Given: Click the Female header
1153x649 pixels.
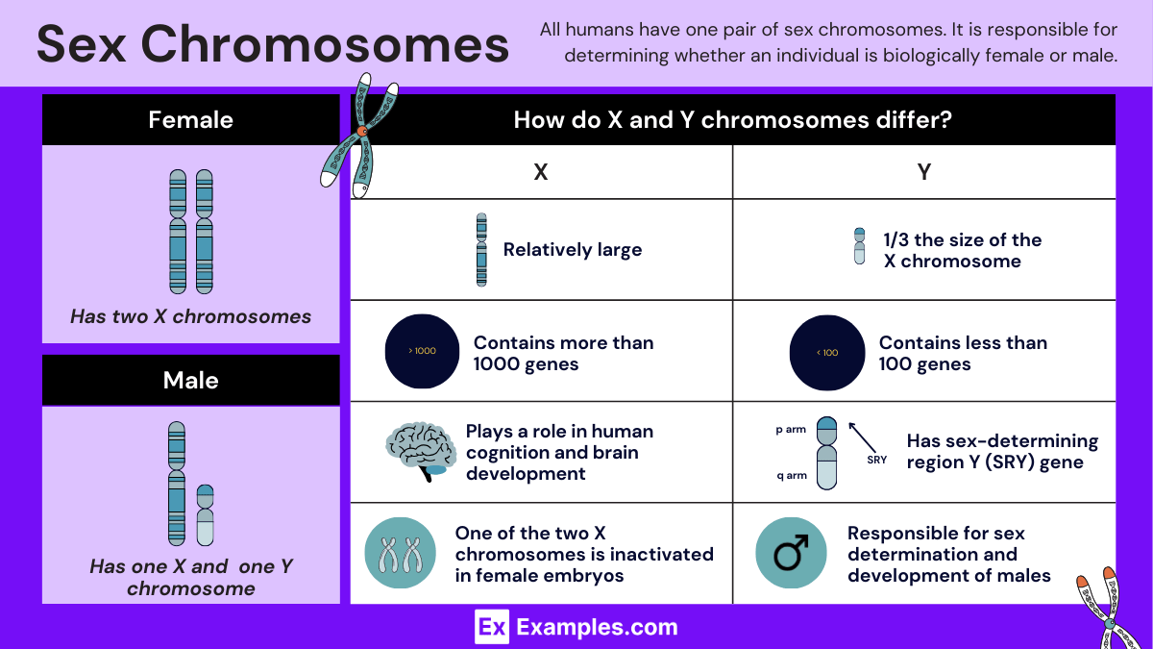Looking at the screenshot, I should (x=190, y=120).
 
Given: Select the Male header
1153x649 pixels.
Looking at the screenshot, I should (x=190, y=381).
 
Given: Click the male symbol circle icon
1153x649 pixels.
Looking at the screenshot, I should (x=791, y=553).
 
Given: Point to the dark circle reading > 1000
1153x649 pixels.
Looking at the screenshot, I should (x=422, y=351).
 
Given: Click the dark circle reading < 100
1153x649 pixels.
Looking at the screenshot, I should (x=826, y=352).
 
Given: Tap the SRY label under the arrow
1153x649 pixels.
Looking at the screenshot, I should (x=876, y=460).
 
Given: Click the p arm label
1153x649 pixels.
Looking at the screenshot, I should (x=790, y=430).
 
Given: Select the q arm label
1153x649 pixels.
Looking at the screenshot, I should (x=790, y=475).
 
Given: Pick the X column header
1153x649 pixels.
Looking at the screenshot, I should (x=541, y=172).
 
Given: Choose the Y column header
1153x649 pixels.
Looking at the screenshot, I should (x=923, y=172).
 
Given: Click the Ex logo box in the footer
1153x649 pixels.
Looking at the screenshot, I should (x=491, y=628).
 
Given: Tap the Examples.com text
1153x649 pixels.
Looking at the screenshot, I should (x=597, y=628).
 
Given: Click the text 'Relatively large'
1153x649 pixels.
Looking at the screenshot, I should (x=572, y=250).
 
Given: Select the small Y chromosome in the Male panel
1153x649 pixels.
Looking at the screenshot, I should (x=205, y=515).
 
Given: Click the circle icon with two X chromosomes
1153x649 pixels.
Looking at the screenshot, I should (x=401, y=553).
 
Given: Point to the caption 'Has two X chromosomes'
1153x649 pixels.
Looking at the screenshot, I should (x=190, y=316).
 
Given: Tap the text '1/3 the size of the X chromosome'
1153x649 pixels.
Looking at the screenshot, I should (x=962, y=250).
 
